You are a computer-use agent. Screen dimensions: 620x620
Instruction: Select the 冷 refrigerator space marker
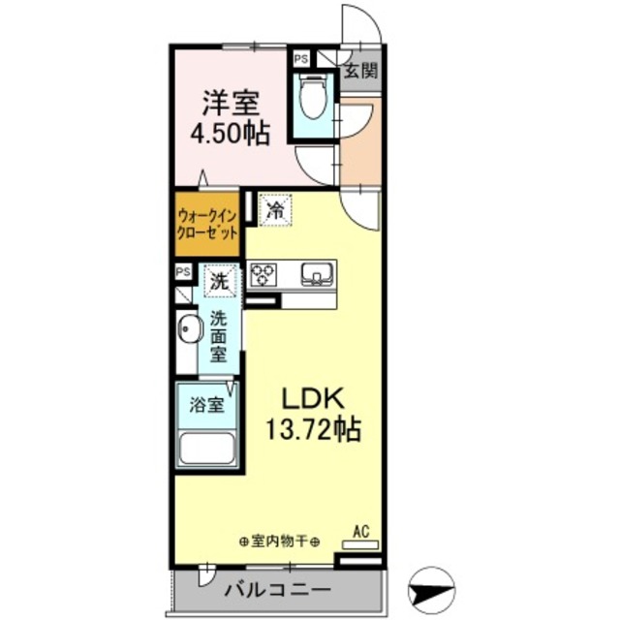click(275, 207)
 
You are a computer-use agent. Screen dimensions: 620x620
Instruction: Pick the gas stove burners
click(263, 275)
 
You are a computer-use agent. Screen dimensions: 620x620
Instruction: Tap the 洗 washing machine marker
click(221, 284)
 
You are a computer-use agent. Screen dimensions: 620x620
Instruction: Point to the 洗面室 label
click(220, 335)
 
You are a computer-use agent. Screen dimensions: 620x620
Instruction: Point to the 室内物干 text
click(278, 541)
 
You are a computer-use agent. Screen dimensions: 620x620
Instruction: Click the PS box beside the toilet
click(301, 59)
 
